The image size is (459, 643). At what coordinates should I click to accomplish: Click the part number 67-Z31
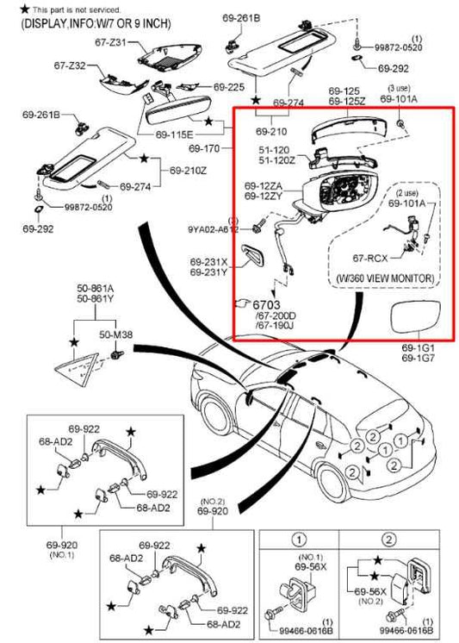[x=110, y=41]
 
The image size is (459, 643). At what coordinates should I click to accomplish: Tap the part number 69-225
[x=229, y=87]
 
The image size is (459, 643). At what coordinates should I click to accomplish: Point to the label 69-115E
[x=175, y=135]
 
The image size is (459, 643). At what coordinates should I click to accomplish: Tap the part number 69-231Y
[x=210, y=272]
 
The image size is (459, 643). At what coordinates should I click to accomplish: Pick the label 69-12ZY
[x=262, y=197]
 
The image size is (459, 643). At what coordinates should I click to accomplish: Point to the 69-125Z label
[x=345, y=103]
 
